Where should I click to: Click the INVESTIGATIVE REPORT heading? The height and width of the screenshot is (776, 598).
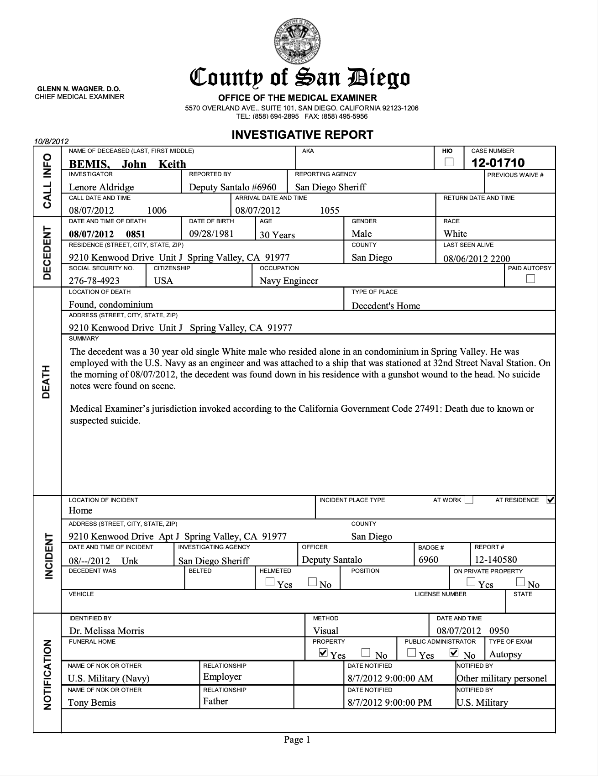(x=302, y=135)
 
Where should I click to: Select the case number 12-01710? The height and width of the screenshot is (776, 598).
(x=498, y=163)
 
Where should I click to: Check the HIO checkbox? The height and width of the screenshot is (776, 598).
(x=449, y=162)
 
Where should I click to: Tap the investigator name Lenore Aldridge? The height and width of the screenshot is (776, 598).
(x=101, y=187)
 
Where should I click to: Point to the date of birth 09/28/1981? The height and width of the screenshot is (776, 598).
(x=211, y=234)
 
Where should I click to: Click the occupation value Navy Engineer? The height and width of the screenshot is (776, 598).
(x=289, y=281)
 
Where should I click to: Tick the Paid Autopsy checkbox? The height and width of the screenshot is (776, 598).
(x=530, y=278)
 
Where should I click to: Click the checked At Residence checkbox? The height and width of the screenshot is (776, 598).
(x=551, y=500)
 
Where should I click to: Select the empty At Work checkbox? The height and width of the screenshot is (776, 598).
(x=469, y=500)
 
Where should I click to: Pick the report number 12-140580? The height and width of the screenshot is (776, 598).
(x=496, y=560)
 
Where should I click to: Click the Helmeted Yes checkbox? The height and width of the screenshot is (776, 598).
(x=270, y=582)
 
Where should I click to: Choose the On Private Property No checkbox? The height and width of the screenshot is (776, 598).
(x=520, y=582)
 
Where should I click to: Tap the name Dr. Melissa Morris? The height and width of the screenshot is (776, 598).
(x=106, y=631)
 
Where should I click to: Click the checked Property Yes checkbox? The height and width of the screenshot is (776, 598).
(x=323, y=653)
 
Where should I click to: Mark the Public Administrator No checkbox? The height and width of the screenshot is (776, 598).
(x=454, y=653)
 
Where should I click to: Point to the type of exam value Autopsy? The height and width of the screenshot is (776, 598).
(x=505, y=654)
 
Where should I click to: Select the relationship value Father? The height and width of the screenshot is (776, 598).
(x=215, y=701)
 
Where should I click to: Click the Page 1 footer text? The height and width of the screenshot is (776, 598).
(x=297, y=739)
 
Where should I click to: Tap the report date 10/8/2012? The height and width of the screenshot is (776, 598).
(x=51, y=142)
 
